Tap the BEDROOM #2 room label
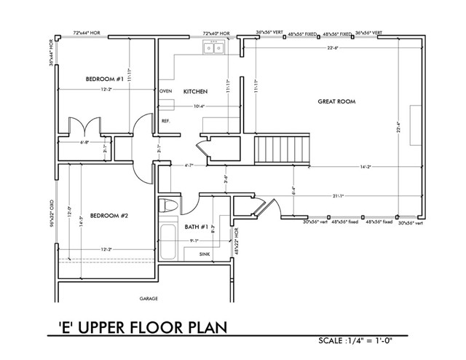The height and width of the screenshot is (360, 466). click(x=109, y=216)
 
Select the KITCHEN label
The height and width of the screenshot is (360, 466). click(x=196, y=92)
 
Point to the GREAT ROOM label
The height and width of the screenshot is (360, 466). click(x=336, y=102)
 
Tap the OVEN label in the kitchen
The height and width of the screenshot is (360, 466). click(x=165, y=92)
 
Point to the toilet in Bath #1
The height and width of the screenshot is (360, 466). click(x=167, y=205)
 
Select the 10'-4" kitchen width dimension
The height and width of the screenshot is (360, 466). click(x=198, y=106)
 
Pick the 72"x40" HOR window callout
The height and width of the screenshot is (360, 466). click(x=216, y=33)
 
